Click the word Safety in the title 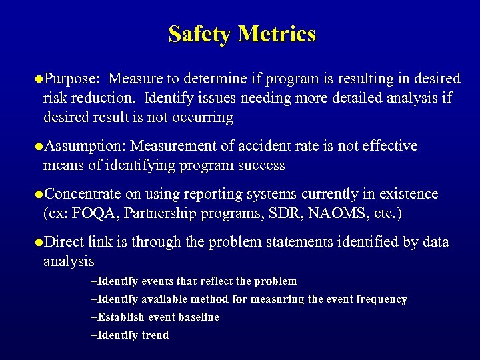click(x=199, y=33)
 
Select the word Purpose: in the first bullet click(x=71, y=79)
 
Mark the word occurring click(x=200, y=117)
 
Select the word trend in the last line click(x=156, y=335)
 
